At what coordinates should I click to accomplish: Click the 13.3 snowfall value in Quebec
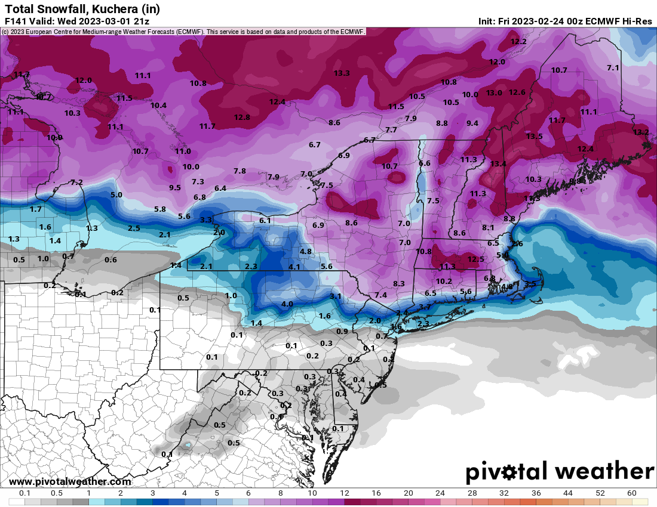[342, 73]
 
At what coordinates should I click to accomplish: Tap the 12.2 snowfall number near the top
[518, 42]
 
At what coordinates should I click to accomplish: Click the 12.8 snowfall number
[242, 118]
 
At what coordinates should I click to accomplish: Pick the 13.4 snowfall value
[498, 164]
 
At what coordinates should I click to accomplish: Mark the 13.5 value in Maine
[534, 137]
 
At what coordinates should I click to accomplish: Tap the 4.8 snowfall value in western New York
[306, 252]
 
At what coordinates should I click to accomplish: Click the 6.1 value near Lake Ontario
[265, 221]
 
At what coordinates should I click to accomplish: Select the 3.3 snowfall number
[205, 220]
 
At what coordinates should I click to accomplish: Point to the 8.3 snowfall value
[399, 283]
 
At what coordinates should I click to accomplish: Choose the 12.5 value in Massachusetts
[475, 259]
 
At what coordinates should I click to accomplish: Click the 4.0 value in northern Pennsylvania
[287, 304]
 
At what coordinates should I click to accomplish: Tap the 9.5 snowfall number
[175, 188]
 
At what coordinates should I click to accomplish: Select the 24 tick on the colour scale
[441, 493]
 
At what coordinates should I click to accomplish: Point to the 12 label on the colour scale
[345, 493]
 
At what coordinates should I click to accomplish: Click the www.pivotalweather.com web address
[70, 482]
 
